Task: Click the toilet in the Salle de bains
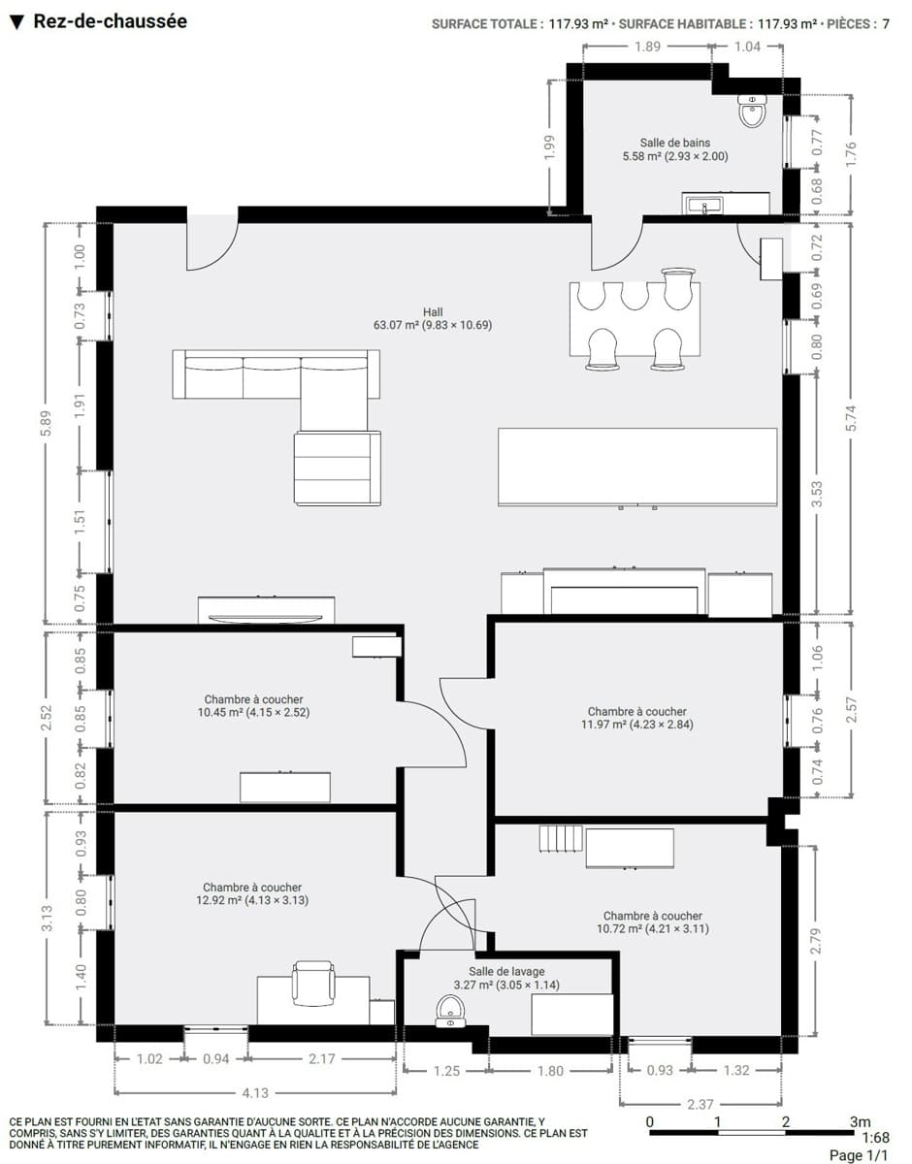click(753, 112)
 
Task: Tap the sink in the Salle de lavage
click(450, 1011)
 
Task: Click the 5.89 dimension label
click(47, 423)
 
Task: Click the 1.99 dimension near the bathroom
click(549, 147)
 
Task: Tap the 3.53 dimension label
click(817, 495)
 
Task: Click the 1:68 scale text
click(876, 1137)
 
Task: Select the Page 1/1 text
click(859, 1155)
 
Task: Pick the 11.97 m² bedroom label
click(637, 718)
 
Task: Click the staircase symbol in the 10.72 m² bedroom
click(561, 838)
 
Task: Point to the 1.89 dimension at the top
click(647, 47)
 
